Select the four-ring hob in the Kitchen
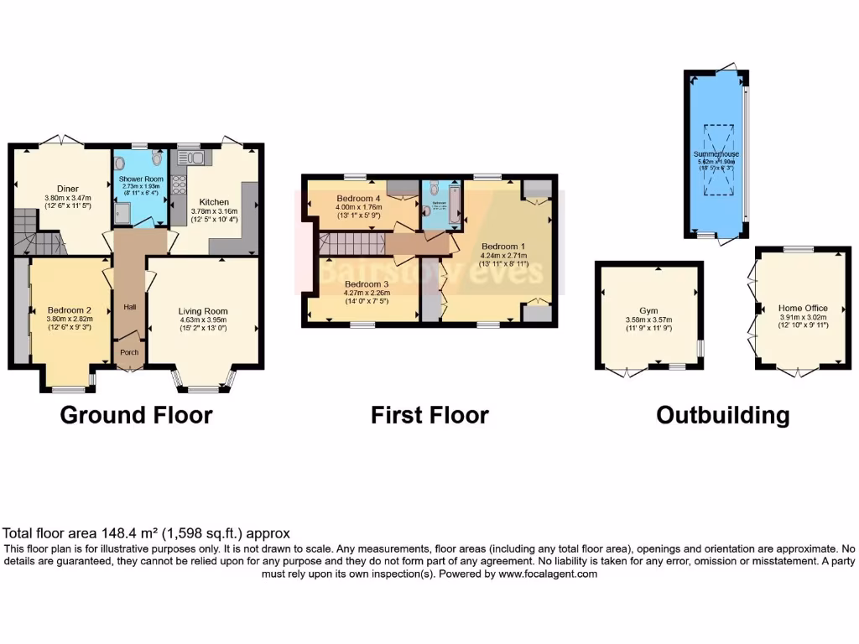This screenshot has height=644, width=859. tap(178, 184)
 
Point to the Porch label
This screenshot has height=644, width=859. tap(129, 352)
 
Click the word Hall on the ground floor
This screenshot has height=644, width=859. tap(129, 307)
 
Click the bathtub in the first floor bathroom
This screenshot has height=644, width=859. tap(455, 205)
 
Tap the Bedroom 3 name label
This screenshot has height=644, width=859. tap(367, 284)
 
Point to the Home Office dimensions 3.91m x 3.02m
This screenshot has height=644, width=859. tap(802, 318)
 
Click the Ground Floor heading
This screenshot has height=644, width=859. tap(136, 415)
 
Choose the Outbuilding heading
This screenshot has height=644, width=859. tap(722, 415)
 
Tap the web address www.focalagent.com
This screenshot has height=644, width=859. tap(548, 574)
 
